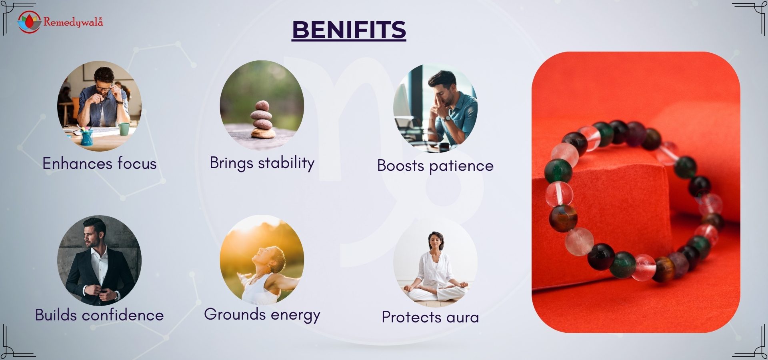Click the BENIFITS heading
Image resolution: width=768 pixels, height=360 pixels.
pyautogui.click(x=349, y=30)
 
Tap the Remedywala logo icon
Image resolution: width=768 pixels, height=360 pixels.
pyautogui.click(x=29, y=22)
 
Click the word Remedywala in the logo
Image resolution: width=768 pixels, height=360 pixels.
pyautogui.click(x=73, y=22)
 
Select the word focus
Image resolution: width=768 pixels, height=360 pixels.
pyautogui.click(x=137, y=163)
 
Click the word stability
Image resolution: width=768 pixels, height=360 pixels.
pyautogui.click(x=286, y=163)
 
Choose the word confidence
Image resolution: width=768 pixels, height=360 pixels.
pyautogui.click(x=123, y=315)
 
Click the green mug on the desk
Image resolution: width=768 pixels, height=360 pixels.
pyautogui.click(x=124, y=129)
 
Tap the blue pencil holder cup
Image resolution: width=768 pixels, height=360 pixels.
pyautogui.click(x=87, y=137)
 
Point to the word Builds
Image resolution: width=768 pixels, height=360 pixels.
pyautogui.click(x=56, y=315)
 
